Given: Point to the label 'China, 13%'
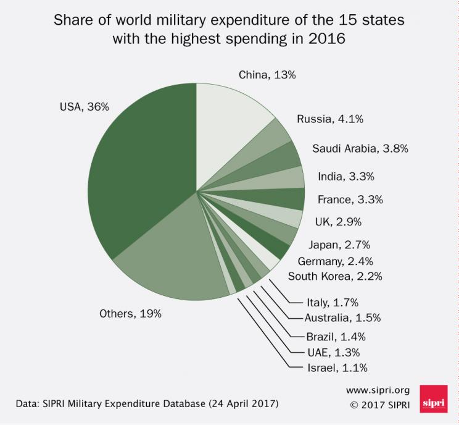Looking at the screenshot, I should coord(267,75).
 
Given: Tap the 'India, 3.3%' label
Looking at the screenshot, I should coord(345,177).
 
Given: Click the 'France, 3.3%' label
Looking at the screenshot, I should coord(350,199).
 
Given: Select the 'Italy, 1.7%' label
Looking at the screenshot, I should coord(332,302).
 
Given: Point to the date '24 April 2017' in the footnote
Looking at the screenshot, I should coord(238,405).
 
